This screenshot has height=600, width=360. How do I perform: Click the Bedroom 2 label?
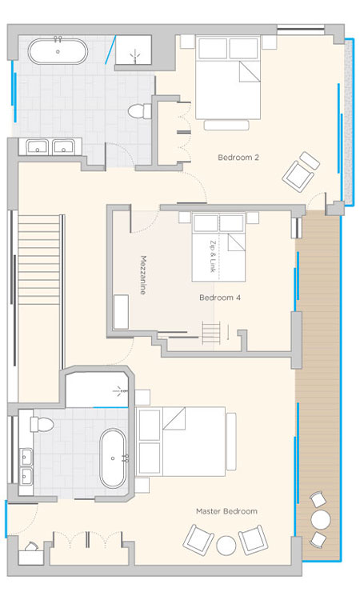click(238, 158)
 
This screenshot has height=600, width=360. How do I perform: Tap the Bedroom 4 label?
click(220, 298)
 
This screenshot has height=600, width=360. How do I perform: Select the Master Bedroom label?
click(226, 511)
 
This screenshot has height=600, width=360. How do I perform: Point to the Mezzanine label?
click(143, 275)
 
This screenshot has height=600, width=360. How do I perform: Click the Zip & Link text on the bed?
click(213, 256)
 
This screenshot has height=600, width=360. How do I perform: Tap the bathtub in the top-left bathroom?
click(58, 51)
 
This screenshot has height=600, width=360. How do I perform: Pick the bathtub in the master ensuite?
click(113, 458)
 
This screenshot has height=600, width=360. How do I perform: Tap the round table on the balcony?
click(321, 519)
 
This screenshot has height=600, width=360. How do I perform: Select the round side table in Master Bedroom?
click(226, 546)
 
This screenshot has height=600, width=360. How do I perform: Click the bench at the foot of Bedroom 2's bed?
click(226, 125)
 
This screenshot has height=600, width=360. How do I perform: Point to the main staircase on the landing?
click(39, 260)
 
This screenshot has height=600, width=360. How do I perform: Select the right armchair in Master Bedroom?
click(254, 540)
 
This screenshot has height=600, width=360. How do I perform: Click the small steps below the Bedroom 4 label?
click(211, 334)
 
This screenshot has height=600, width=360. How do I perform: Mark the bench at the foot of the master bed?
click(231, 441)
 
